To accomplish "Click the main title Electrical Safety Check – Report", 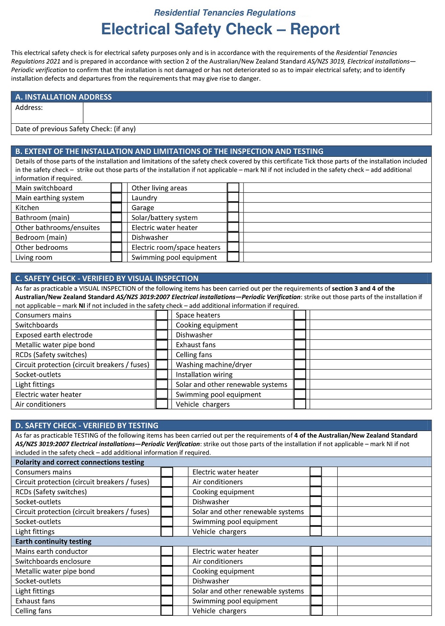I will pos(220,29).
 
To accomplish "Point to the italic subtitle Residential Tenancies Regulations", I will pos(225,13).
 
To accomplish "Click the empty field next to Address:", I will pos(257,113).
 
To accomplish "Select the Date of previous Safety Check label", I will pos(75,129).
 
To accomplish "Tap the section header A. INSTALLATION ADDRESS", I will pos(64,97).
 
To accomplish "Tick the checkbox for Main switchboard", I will pos(116,188).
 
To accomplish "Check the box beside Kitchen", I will pos(116,207).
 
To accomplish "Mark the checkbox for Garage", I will pos(233,207).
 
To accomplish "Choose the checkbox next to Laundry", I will pos(233,198).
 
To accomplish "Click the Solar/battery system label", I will pos(164,218).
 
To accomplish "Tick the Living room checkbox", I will pos(116,257).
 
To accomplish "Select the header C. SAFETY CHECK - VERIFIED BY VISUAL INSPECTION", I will pos(107,279).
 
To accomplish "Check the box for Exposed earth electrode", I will pos(162,335).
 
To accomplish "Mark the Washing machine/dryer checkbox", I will pos(300,365).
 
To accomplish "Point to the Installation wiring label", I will pos(204,374).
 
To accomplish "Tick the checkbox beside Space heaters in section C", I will pos(300,315).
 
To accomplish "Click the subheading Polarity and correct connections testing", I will pos(80,462).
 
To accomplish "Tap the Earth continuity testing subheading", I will pos(53,541).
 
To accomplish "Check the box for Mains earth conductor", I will pos(167,551).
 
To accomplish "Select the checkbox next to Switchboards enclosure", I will pos(167,561).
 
